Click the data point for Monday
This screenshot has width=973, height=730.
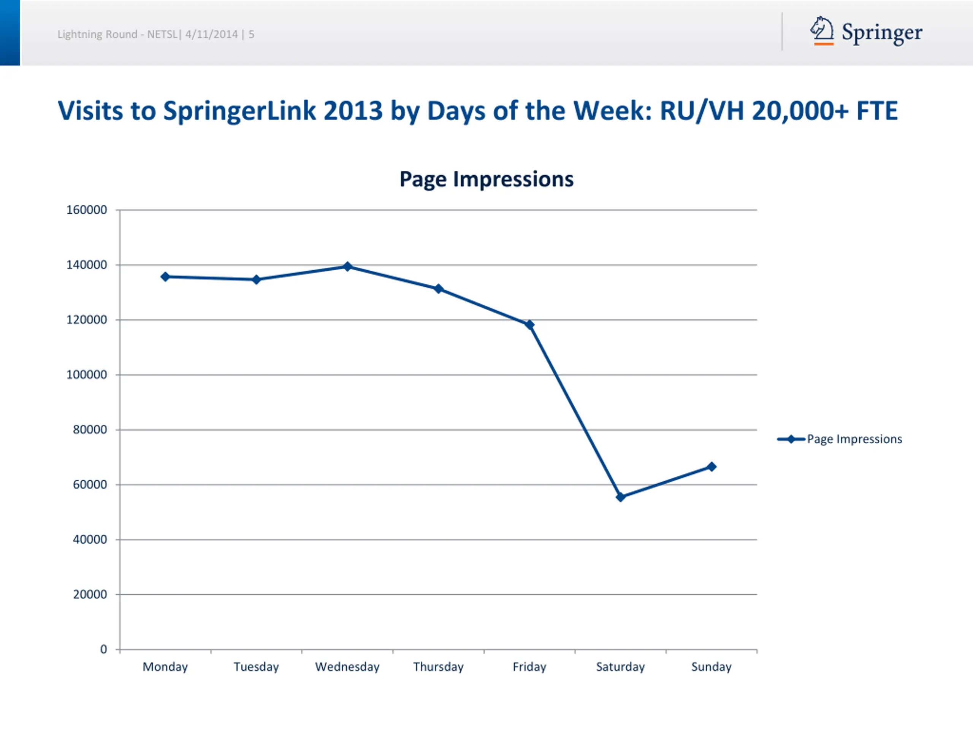pyautogui.click(x=165, y=277)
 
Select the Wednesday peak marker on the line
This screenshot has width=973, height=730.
pyautogui.click(x=347, y=266)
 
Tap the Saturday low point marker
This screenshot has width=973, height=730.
pyautogui.click(x=620, y=497)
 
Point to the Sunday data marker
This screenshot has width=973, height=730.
pyautogui.click(x=711, y=467)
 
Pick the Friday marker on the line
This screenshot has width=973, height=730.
pyautogui.click(x=529, y=325)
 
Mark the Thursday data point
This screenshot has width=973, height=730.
pyautogui.click(x=438, y=289)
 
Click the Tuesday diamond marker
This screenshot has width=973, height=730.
pyautogui.click(x=256, y=279)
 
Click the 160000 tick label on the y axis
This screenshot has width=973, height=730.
pyautogui.click(x=87, y=210)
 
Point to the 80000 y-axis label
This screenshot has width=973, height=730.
pyautogui.click(x=90, y=430)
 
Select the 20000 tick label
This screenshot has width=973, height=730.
pyautogui.click(x=90, y=595)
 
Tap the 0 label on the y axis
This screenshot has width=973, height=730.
pyautogui.click(x=103, y=649)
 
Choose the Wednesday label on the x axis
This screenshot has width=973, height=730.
pyautogui.click(x=347, y=667)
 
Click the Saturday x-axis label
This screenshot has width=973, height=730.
pyautogui.click(x=620, y=667)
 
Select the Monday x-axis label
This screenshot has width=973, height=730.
pyautogui.click(x=165, y=667)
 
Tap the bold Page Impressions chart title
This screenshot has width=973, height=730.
pyautogui.click(x=486, y=179)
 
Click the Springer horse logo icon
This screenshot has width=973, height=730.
pyautogui.click(x=822, y=31)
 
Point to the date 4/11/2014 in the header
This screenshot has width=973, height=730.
pyautogui.click(x=211, y=34)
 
